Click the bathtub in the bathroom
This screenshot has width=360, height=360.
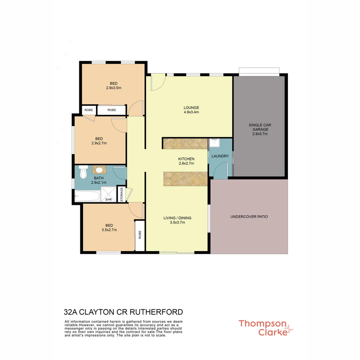87,196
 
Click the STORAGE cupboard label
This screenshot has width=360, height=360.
122,194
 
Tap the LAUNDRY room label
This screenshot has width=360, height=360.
220,156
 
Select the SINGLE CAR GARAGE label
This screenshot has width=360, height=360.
260,129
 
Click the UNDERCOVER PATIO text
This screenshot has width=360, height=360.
249,217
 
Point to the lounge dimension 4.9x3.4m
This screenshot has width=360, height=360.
191,112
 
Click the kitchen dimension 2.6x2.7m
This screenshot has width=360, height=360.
186,163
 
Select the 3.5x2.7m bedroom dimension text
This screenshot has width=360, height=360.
109,230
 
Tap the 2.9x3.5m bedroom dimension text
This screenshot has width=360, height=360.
113,88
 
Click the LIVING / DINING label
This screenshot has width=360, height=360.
177,218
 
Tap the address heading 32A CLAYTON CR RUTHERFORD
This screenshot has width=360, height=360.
123,312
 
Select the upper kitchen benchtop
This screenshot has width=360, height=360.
185,144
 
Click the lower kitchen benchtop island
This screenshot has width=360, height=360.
185,179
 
